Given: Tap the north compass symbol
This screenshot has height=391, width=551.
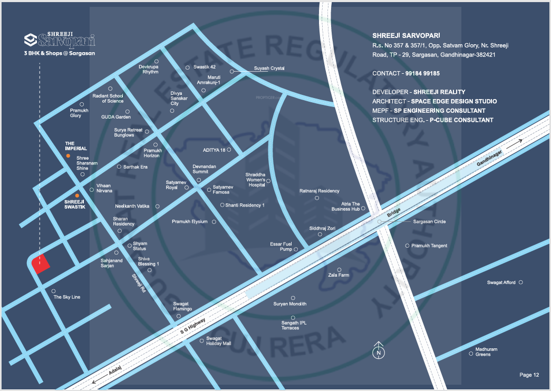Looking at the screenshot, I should coord(379,352).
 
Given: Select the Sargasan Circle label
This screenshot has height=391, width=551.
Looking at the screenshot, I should coord(429,222).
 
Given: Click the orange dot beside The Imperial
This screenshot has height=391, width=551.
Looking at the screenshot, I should coord(67,157).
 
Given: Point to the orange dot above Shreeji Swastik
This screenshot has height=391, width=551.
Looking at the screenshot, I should coord(77,195).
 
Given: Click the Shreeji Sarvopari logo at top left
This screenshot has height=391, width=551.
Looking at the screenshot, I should coord(60,42).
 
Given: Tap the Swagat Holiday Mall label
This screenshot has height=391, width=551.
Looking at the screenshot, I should coord(218,340).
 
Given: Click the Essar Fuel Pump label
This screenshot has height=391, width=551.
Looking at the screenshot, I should coord(281,247).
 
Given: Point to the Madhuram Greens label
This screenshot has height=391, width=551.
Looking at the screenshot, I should coord(486,352).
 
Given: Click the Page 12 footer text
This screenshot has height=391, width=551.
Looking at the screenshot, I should coord(529,375).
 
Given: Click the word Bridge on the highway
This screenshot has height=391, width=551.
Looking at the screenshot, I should coord(394,213).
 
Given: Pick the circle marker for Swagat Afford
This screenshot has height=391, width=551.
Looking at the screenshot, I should coord(521,282).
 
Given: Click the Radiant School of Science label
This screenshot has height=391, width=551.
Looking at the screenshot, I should coord(108,99).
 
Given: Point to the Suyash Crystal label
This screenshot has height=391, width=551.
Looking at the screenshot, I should coord(269,69).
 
